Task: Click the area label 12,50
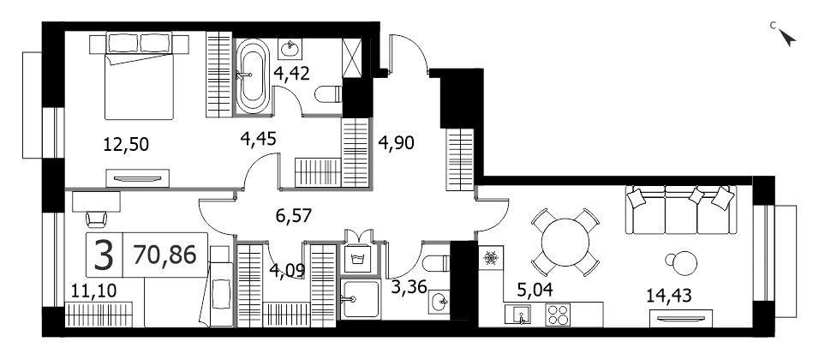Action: tap(127, 143)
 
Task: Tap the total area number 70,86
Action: tap(164, 255)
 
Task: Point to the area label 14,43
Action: tap(668, 296)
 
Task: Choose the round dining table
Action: tap(565, 243)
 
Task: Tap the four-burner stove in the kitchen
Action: tap(559, 315)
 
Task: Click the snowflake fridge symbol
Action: tap(490, 258)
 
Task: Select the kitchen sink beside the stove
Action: tap(517, 315)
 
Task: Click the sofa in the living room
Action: tap(679, 210)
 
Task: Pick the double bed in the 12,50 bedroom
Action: tap(139, 76)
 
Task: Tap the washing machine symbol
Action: tap(358, 259)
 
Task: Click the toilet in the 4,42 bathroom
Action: tap(328, 94)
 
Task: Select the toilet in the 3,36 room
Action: tap(435, 263)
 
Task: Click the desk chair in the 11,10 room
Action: tap(97, 219)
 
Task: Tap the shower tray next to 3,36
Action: tap(360, 299)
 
